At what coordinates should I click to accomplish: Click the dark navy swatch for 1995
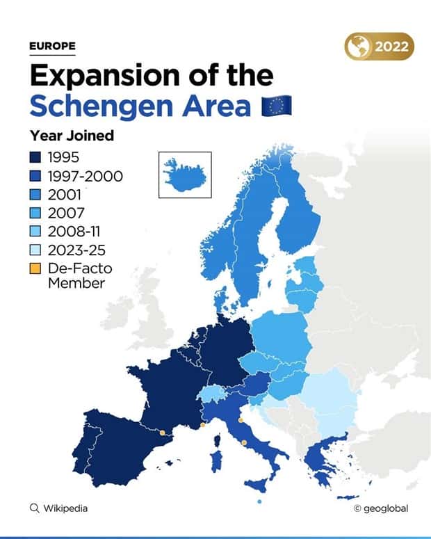pos(35,158)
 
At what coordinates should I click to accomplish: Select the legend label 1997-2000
pos(86,176)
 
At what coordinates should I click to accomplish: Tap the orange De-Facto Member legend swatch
pos(35,268)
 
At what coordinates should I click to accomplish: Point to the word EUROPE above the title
pos(52,47)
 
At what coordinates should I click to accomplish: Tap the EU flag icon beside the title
pos(276,106)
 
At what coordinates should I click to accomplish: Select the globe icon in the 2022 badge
pos(359,47)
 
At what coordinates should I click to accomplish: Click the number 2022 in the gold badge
pos(393,47)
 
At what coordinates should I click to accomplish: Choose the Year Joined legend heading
pos(72,136)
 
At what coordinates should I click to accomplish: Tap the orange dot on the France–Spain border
pos(162,433)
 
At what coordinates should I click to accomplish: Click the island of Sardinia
pos(215,460)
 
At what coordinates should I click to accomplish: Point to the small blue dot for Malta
pos(259,502)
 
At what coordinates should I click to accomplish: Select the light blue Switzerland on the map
pos(209,395)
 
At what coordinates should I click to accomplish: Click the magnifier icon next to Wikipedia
pos(34,508)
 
